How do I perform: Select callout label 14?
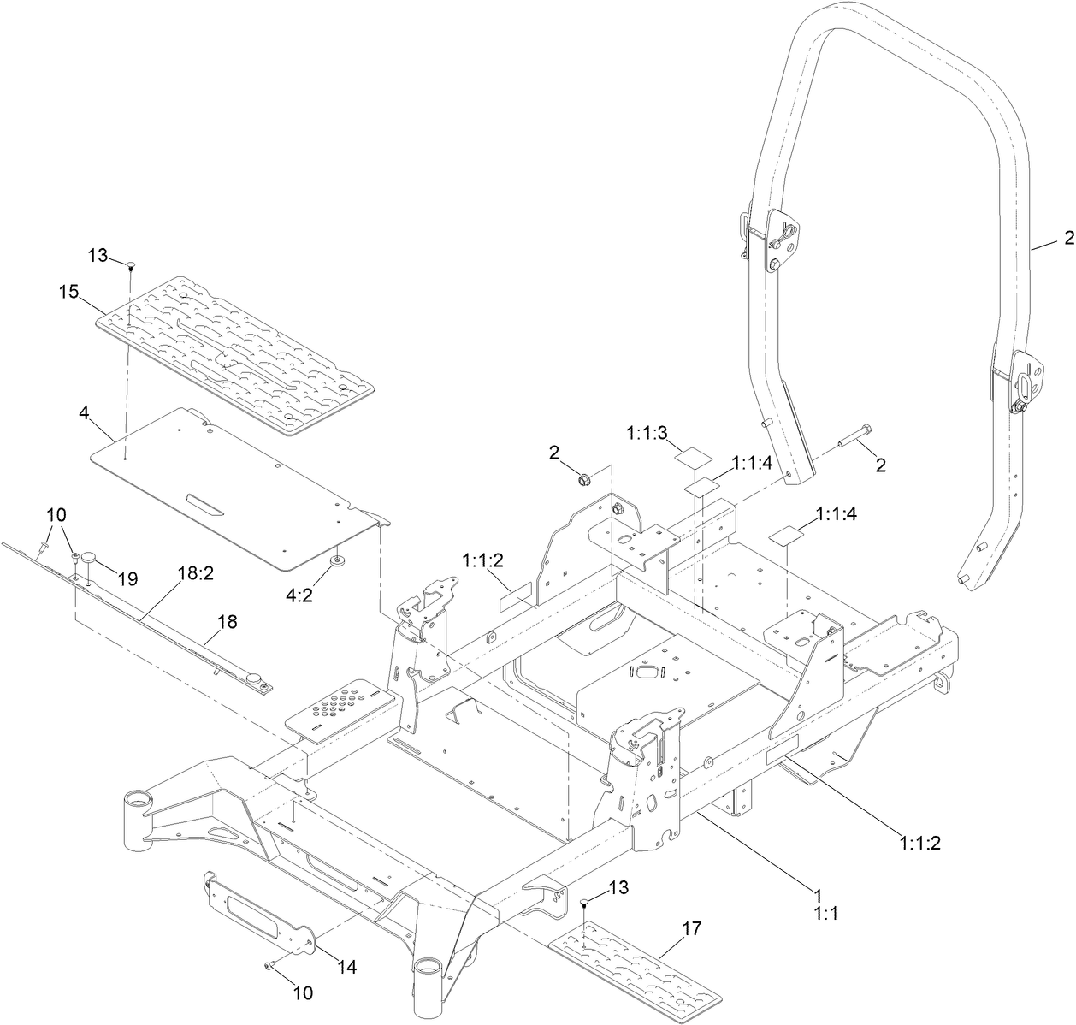(x=346, y=967)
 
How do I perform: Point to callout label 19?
(x=127, y=579)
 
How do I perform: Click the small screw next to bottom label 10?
(x=268, y=965)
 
